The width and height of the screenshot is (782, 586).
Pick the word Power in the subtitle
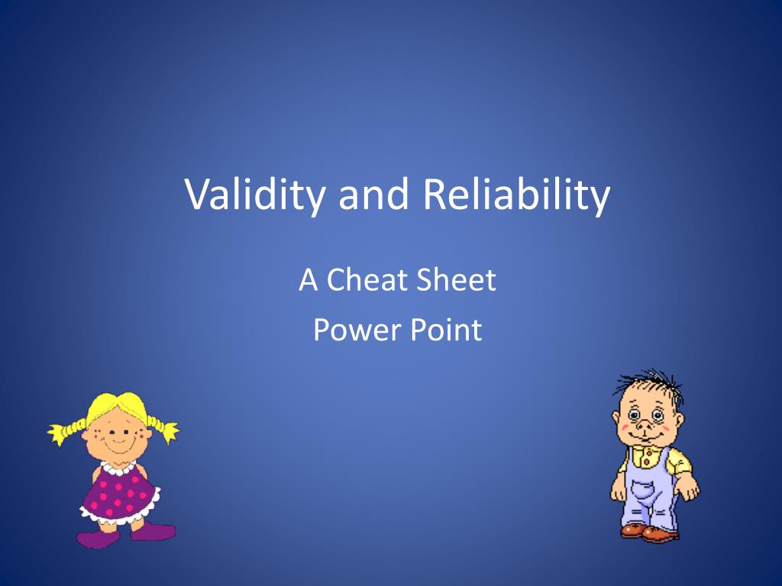(x=350, y=330)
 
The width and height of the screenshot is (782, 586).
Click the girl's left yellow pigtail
(x=66, y=430)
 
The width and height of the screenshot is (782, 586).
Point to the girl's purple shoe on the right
(x=153, y=532)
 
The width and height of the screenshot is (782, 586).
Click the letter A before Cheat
(x=308, y=281)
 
